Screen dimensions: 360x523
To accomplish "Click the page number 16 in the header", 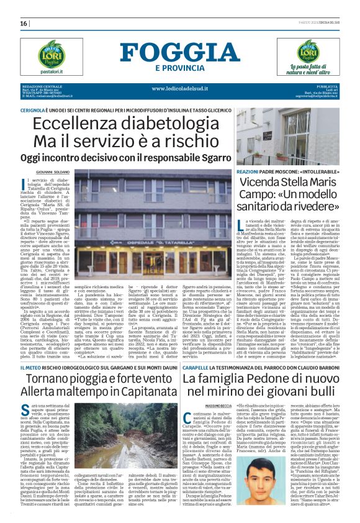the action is (x=24, y=24).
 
